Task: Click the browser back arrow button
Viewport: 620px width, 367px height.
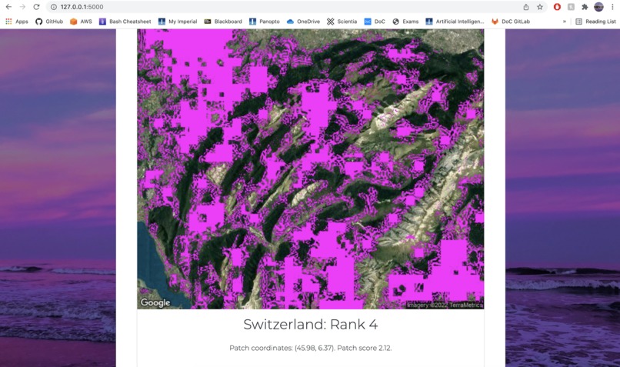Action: tap(8, 7)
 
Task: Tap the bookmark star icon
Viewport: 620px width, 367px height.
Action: tap(540, 7)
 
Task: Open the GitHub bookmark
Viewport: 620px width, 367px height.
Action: tap(49, 22)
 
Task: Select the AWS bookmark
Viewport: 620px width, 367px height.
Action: tap(81, 22)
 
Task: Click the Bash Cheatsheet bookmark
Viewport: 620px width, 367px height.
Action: tap(125, 22)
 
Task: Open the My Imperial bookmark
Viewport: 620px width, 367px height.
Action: tap(178, 22)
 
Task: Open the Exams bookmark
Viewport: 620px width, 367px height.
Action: tap(405, 22)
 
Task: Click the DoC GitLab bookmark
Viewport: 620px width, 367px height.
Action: tap(511, 22)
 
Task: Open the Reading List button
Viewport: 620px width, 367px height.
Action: tap(595, 22)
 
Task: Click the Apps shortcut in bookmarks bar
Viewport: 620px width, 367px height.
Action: tap(16, 22)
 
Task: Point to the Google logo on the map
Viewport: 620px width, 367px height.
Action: tap(155, 302)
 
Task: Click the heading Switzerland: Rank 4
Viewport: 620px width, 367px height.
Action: tap(310, 325)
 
